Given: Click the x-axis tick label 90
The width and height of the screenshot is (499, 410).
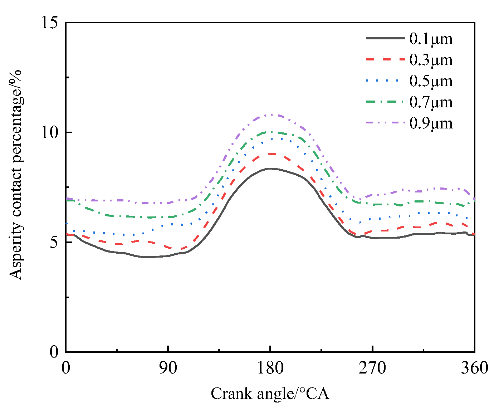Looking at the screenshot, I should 168,368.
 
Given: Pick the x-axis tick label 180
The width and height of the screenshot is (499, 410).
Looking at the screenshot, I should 270,368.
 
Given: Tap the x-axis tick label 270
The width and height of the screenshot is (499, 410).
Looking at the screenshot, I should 372,368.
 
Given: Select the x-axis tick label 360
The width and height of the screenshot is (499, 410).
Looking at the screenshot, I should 474,368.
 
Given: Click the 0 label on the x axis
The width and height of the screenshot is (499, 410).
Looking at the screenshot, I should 66,368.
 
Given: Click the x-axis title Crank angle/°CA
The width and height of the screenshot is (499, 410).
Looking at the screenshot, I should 270,394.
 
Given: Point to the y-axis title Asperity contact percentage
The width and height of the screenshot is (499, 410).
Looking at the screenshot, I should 16,174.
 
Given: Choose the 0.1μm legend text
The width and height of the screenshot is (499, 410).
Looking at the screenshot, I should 431,39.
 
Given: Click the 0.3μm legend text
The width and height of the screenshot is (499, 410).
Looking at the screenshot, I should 431,60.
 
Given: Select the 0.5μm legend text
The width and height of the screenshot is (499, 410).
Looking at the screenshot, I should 431,81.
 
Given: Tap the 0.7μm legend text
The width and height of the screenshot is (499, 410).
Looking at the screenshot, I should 431,102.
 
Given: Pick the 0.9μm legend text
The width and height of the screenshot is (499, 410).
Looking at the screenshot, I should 431,123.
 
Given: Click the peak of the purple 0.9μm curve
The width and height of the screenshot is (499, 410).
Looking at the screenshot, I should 273,114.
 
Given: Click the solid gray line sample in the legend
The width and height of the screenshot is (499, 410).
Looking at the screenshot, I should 385,38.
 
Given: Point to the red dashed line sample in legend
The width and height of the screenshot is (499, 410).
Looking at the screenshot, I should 385,59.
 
